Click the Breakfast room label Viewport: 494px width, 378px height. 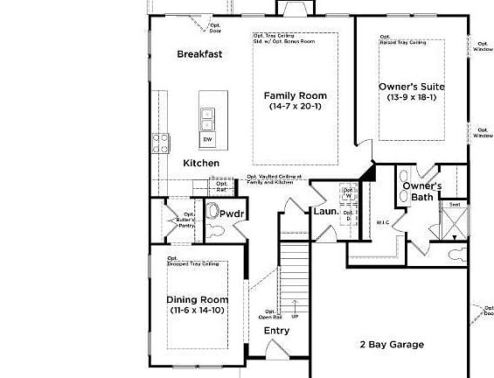[199, 54]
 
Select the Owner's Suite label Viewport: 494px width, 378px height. [412, 87]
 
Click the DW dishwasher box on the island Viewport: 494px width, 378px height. [207, 139]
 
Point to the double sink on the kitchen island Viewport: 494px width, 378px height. [207, 117]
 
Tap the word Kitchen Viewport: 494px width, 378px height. [201, 164]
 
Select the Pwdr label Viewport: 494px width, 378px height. [232, 213]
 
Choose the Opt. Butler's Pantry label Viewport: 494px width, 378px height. [187, 220]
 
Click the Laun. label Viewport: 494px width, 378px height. [325, 212]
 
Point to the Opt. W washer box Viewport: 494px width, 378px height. [347, 193]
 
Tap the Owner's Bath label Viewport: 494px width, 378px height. [421, 192]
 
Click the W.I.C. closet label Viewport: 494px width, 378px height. [383, 222]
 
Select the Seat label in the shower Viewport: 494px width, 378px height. [455, 205]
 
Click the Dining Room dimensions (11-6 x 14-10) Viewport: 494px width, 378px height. [197, 311]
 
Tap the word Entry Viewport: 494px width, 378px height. [276, 331]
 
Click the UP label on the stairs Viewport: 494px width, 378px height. [294, 315]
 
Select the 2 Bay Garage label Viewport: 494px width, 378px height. [392, 345]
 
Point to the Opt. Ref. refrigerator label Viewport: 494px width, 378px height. [222, 186]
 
